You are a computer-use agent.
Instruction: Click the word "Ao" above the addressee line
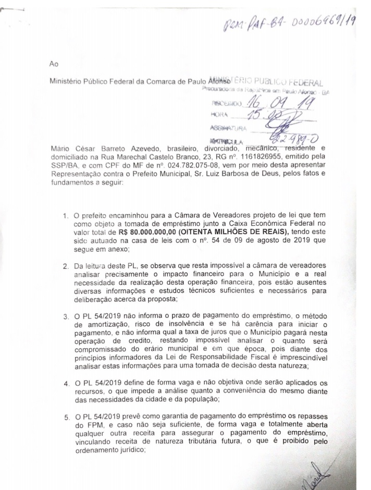coord(54,64)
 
